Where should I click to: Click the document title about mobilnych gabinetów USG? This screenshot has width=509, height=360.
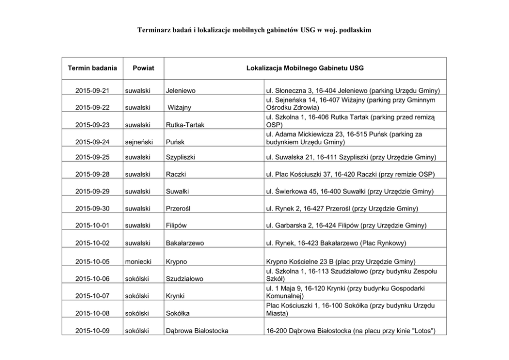tap(254, 31)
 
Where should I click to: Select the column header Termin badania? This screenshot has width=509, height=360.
tap(92, 68)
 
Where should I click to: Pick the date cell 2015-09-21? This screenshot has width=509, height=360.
tap(92, 91)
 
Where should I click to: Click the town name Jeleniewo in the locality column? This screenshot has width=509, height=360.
tap(181, 91)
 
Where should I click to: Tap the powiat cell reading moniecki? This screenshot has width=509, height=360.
tap(138, 261)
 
